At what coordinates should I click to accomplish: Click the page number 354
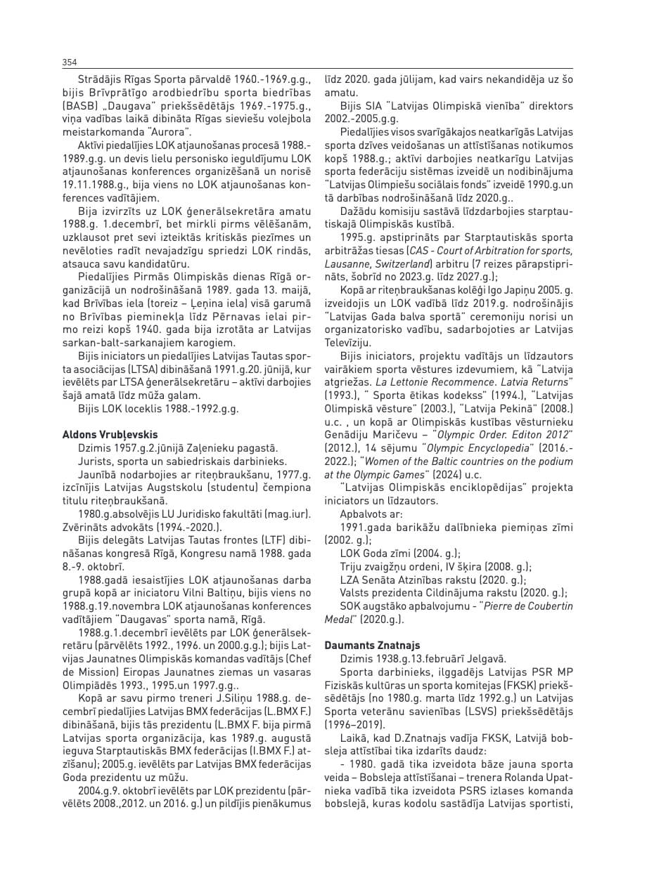70,63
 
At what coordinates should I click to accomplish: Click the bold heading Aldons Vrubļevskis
110,434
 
